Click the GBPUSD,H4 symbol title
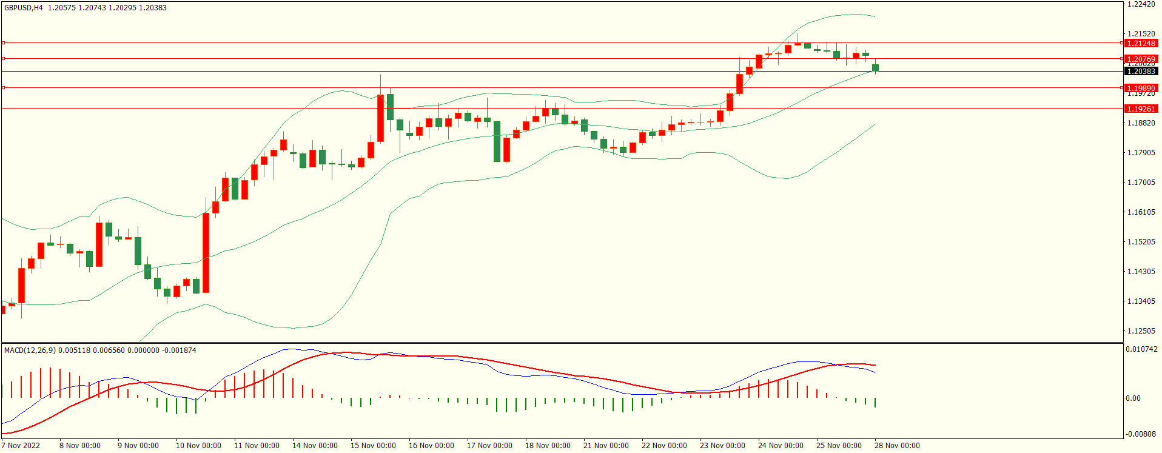pos(24,8)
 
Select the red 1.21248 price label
pos(1141,43)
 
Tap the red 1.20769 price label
pos(1141,59)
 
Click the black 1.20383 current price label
pos(1141,72)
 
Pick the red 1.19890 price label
pos(1141,88)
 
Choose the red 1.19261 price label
pos(1141,109)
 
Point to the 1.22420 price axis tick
pos(1141,4)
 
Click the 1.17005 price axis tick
pos(1141,182)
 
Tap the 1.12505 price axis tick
pos(1141,331)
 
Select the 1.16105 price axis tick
pos(1141,212)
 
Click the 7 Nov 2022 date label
pos(21,446)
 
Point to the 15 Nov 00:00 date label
pos(373,446)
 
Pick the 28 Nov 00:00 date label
pos(897,446)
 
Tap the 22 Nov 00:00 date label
pos(664,446)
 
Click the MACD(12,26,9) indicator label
pos(30,351)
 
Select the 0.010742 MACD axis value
pos(1141,349)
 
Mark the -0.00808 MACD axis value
pos(1141,434)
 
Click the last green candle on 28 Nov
pos(875,67)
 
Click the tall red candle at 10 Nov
pos(206,252)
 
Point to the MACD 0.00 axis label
pos(1133,398)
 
